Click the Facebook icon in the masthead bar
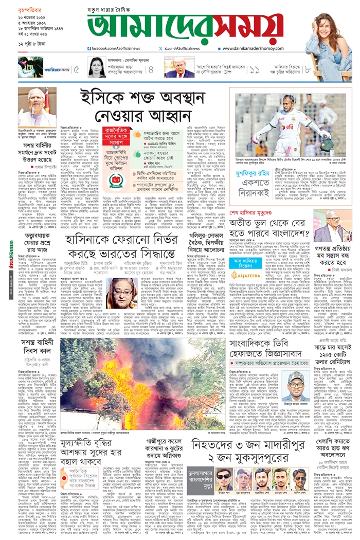pos(89,48)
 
